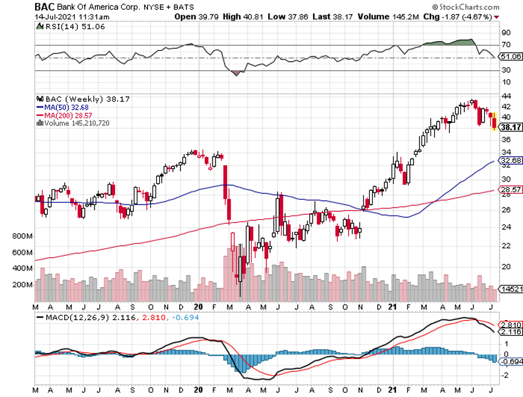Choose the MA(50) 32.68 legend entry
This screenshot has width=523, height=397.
coord(63,107)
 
